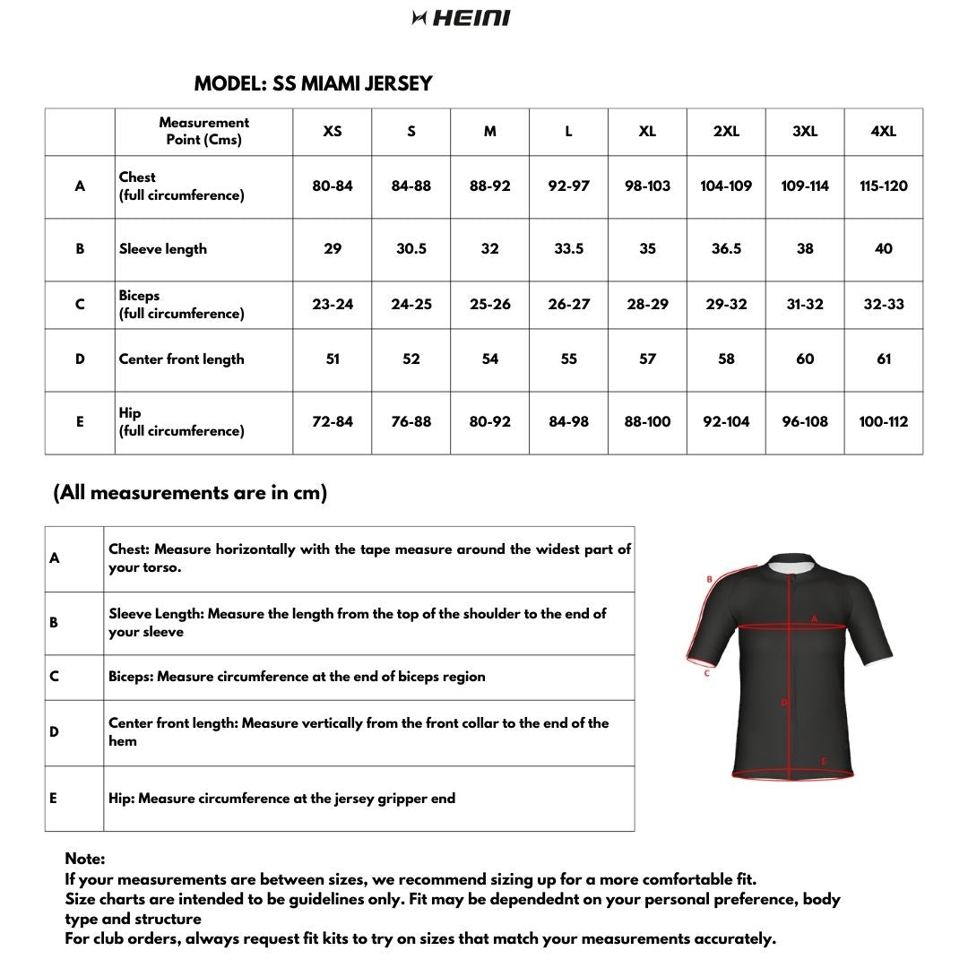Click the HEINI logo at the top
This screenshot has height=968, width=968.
coord(462,18)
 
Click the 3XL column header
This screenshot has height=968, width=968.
coord(805,131)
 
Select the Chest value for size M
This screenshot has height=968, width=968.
coord(489,186)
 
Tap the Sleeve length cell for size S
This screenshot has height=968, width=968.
coord(411,248)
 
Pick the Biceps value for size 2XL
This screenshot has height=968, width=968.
coord(726,304)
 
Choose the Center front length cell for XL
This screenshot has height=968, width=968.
coord(647,359)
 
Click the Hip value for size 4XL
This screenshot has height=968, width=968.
coord(883,421)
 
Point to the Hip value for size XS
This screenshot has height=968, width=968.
coord(333,421)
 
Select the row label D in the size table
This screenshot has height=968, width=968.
coord(80,359)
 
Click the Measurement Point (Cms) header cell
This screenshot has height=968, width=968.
coord(203,131)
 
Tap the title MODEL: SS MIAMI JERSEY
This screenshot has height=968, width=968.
coord(313,83)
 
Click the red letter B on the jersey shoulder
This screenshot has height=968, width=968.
coord(709,579)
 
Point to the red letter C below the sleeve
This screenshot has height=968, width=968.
coord(706,673)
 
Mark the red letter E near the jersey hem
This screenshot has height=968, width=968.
coord(824,762)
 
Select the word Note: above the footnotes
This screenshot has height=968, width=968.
coord(84,859)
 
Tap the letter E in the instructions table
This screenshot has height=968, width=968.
coord(54,797)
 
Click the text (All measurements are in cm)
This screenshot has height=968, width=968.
coord(190,492)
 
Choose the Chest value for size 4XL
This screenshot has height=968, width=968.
coord(883,186)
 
